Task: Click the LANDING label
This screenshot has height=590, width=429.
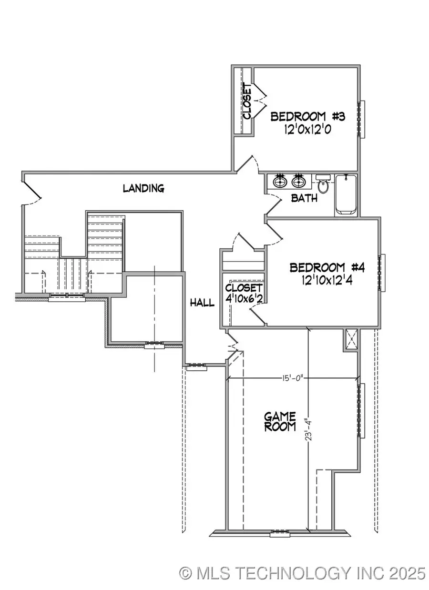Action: (143, 188)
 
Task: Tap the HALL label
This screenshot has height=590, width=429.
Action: (202, 303)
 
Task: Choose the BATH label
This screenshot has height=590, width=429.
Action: (304, 198)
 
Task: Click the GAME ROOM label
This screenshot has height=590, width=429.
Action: (280, 421)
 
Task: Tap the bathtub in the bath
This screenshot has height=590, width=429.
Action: (347, 194)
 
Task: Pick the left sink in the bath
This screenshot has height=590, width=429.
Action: (280, 182)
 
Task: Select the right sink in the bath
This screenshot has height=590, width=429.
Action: (299, 182)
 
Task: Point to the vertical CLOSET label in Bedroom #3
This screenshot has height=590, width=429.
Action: (247, 102)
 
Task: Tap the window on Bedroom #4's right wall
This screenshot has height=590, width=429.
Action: (381, 272)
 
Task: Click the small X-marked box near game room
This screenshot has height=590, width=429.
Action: (352, 340)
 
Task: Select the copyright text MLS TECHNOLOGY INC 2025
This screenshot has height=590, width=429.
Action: (302, 572)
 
